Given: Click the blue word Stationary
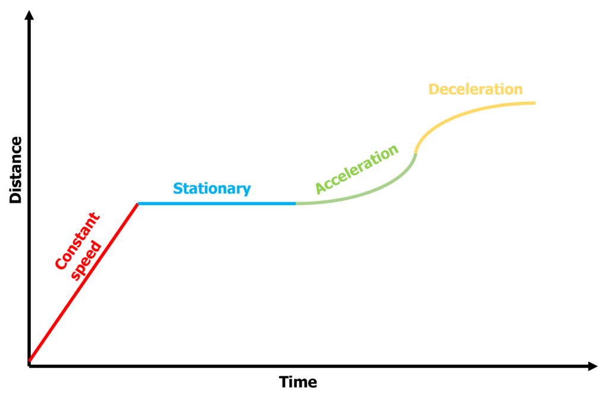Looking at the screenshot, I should [x=212, y=189].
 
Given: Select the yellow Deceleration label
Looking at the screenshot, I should [x=476, y=90].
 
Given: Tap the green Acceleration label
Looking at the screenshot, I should [x=356, y=169].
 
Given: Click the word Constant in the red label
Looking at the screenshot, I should [x=77, y=241].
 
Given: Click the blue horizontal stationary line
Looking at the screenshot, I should [x=217, y=203].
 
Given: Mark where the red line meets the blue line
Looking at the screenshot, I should [x=138, y=203].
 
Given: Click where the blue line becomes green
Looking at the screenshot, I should [x=296, y=203].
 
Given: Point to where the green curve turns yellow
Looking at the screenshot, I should [x=415, y=153].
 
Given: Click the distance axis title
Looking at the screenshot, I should [x=16, y=170].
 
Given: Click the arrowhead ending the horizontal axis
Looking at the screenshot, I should [x=592, y=367].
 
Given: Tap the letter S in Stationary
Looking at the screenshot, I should [x=177, y=189].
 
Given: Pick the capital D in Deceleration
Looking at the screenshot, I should [x=434, y=90].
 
